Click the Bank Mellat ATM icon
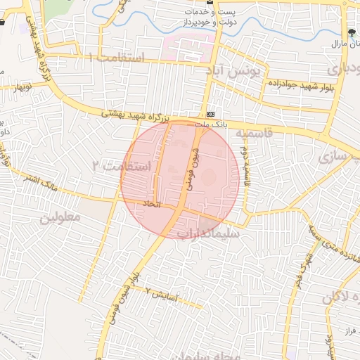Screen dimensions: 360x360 click(x=210, y=114)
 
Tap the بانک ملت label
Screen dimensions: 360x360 click(x=210, y=124)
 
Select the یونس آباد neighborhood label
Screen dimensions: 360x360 click(x=233, y=70)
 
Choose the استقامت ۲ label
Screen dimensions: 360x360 click(x=122, y=166)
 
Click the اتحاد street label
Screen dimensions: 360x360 click(x=153, y=204)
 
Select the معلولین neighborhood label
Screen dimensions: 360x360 click(x=60, y=217)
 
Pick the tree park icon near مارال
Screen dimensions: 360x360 click(x=352, y=33)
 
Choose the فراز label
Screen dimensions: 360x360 click(x=352, y=330)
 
